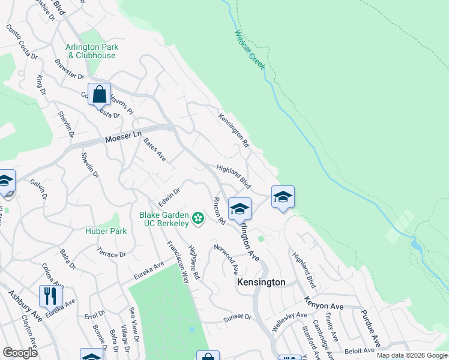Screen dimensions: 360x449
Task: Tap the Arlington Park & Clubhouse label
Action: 92,51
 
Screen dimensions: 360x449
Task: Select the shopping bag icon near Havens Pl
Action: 99,95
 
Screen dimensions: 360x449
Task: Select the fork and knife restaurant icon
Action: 50,296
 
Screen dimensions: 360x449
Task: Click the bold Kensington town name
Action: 261,282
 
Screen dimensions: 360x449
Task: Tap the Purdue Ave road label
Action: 370,328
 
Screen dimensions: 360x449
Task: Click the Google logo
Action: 20,353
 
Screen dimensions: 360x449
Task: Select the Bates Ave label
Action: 154,149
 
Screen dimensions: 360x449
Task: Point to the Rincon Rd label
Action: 218,211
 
